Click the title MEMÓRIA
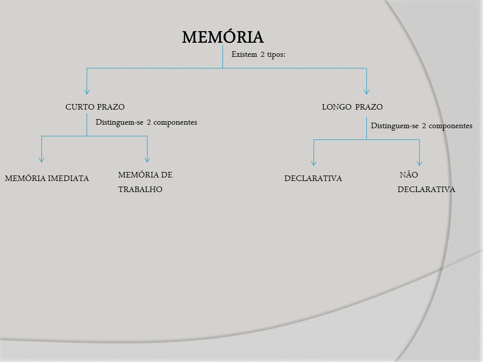[222, 37]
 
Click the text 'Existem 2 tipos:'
[258, 54]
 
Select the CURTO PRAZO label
[95, 107]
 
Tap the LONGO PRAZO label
[352, 107]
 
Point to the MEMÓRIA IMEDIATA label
[47, 178]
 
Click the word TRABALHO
[140, 190]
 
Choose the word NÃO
[409, 175]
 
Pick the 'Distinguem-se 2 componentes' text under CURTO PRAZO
[146, 122]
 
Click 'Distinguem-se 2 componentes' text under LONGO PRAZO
[422, 126]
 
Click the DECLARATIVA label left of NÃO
[313, 178]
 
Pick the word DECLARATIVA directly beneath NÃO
[426, 190]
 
